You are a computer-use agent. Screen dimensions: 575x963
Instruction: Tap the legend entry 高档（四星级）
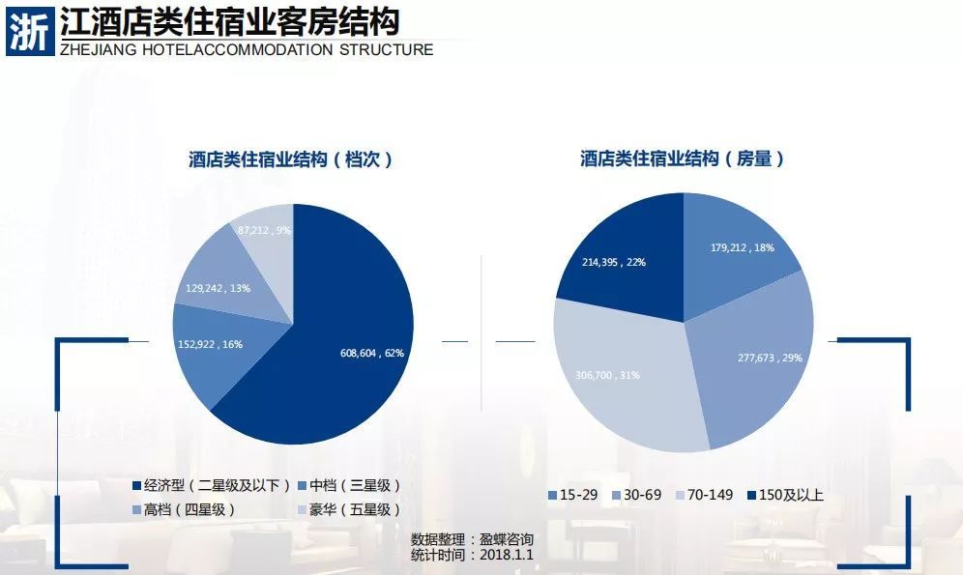coord(183,509)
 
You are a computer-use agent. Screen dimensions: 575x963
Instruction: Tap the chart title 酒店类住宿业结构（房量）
coord(682,159)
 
